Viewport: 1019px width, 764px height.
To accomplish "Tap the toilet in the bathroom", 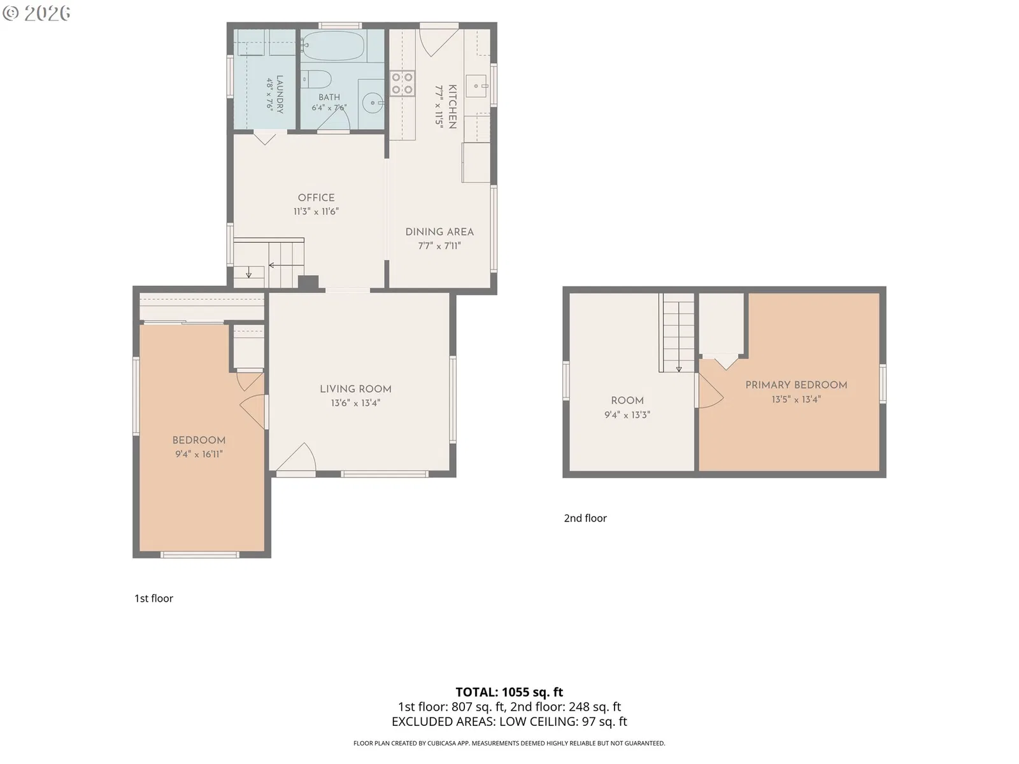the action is click(316, 80).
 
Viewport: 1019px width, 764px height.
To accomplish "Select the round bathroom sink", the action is click(372, 102).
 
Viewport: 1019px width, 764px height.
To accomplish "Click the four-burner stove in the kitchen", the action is click(402, 83).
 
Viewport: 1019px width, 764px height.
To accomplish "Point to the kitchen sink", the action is click(476, 86).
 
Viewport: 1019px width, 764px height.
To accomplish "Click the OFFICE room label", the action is click(316, 197).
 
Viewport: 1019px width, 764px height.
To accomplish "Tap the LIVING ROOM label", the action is click(355, 389).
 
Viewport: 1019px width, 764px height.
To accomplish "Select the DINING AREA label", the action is click(439, 232).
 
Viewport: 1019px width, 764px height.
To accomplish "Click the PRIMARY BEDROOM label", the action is click(797, 385).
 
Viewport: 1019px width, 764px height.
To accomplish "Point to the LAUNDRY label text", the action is click(280, 94).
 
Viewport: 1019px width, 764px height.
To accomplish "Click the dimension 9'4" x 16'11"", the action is click(199, 454).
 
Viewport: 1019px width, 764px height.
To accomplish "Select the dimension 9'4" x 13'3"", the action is click(627, 414).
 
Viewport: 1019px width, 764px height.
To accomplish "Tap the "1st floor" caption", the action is click(153, 598).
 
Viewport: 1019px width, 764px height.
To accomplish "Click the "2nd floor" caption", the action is click(585, 518).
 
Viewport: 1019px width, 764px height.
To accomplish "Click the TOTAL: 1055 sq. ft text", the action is click(509, 692).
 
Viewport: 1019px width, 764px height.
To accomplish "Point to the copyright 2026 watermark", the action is click(36, 13).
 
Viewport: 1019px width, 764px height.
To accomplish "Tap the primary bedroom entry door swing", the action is click(711, 390).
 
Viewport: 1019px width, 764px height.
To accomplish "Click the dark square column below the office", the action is click(308, 283).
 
